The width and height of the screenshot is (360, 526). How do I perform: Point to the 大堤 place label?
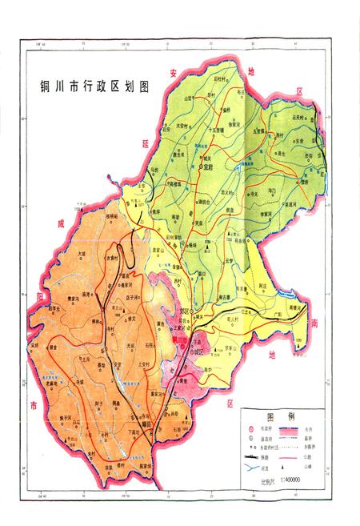pyautogui.click(x=81, y=255)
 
